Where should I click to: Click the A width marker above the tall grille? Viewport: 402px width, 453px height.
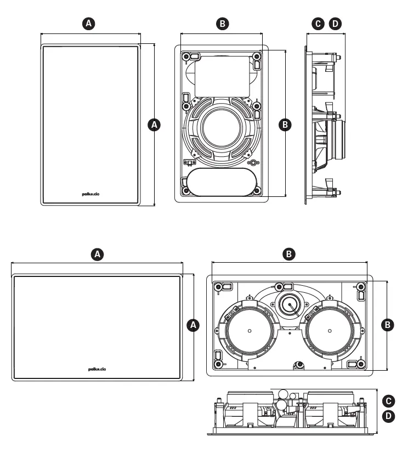91,23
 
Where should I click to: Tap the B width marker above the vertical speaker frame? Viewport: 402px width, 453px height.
222,23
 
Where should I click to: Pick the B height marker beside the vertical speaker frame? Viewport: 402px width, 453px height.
285,125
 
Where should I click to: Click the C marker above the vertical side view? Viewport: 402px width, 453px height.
318,23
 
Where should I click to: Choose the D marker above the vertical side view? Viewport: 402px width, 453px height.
335,23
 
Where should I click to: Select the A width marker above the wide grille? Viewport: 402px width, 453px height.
98,254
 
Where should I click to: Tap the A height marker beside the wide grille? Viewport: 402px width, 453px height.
192,325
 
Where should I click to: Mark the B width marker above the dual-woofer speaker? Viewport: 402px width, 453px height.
288,254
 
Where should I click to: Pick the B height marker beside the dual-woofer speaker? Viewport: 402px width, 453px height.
388,325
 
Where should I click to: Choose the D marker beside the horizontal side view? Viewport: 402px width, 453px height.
388,417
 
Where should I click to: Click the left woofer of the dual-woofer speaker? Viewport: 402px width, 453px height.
248,330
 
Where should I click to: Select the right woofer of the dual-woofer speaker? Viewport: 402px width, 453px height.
331,330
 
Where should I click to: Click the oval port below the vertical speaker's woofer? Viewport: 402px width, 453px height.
222,182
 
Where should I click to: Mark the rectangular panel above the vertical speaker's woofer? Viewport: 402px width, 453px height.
222,75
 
